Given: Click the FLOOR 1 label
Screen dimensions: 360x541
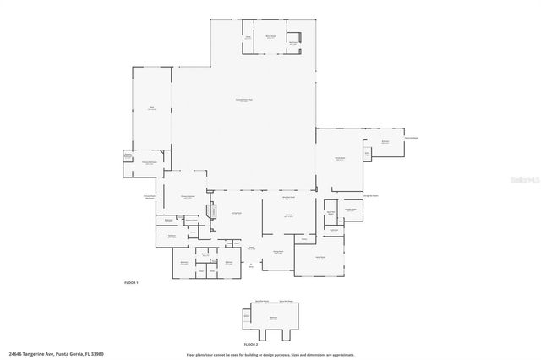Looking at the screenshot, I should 130,281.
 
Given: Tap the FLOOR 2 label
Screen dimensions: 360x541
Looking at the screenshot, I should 250,345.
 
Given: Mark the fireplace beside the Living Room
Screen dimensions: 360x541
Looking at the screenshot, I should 213,213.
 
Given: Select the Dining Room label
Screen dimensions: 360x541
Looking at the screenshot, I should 276,252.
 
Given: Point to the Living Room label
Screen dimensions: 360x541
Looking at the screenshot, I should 238,213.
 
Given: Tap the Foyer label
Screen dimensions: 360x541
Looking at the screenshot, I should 251,247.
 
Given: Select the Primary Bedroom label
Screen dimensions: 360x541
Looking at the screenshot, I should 188,195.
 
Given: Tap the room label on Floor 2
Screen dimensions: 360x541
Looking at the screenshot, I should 273,317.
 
